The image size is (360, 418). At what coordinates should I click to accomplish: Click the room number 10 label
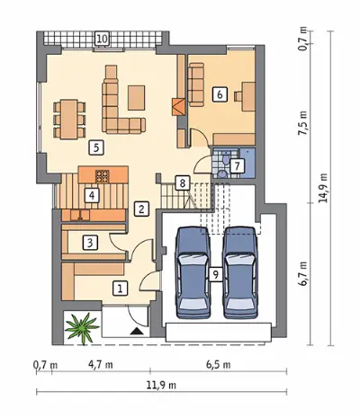pos(102,39)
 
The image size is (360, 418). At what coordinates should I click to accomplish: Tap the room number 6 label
pos(220,94)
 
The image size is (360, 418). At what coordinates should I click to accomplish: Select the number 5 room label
pos(96,147)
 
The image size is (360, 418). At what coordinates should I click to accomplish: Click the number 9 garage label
pos(216,274)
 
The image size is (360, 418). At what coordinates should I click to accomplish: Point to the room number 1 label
pos(120,289)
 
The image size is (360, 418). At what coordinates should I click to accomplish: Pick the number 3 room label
pos(90,243)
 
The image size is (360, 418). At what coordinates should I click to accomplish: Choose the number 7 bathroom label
pos(238,166)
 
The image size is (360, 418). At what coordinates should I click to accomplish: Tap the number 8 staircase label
pos(183,182)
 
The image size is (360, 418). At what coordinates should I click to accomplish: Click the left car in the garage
pos(193,272)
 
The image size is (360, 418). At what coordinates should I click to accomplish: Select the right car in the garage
pos(241,272)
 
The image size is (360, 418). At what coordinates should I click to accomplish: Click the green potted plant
pos(82,328)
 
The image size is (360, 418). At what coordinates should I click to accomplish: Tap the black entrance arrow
pos(138,331)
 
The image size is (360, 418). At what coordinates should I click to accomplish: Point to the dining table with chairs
pos(69,120)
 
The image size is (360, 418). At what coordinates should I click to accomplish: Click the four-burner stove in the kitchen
pos(103,176)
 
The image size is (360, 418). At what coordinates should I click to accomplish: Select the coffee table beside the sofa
pos(137,98)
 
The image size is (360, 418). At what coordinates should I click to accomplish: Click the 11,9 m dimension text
pos(161,386)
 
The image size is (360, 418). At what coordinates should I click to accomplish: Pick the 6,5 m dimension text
pos(219,365)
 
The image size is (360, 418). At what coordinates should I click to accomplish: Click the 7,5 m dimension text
pos(303,123)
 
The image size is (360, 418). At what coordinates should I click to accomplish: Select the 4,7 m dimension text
pos(101,365)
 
